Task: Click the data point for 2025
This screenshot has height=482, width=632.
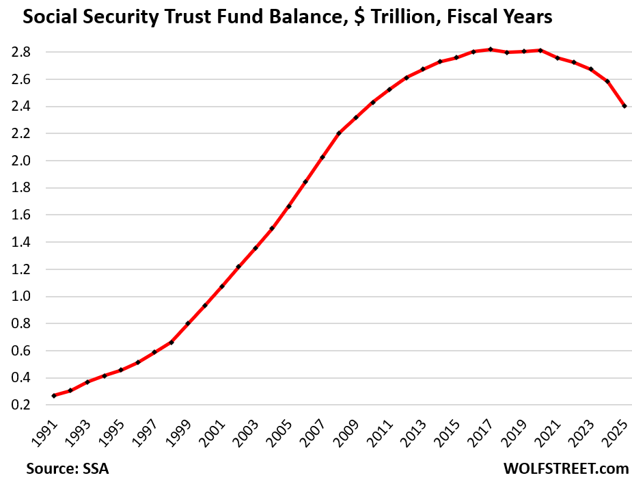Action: point(624,106)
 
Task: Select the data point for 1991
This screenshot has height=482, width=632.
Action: point(53,396)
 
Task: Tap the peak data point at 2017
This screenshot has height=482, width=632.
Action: point(490,49)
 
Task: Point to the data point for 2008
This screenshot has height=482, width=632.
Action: point(339,133)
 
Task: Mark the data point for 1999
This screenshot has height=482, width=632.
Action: point(188,323)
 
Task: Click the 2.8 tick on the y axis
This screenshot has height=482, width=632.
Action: point(29,52)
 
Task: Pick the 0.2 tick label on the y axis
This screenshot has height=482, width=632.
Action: point(29,405)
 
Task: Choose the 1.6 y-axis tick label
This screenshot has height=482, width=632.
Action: point(29,215)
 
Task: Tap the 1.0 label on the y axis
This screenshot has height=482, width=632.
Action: point(29,297)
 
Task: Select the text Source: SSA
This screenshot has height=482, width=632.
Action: point(67,469)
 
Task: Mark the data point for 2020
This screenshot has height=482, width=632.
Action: point(540,50)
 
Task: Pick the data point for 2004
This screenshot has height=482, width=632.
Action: point(272,228)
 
